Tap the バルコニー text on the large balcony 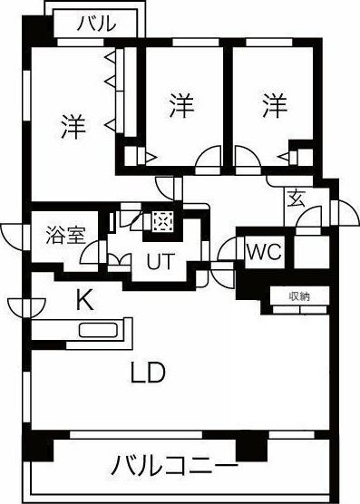[175, 468]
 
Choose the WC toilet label [263, 253]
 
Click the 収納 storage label [299, 296]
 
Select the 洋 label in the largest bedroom [73, 125]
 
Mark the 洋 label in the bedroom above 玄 [275, 107]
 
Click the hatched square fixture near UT [162, 222]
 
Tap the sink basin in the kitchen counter [98, 329]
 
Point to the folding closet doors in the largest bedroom [111, 91]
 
